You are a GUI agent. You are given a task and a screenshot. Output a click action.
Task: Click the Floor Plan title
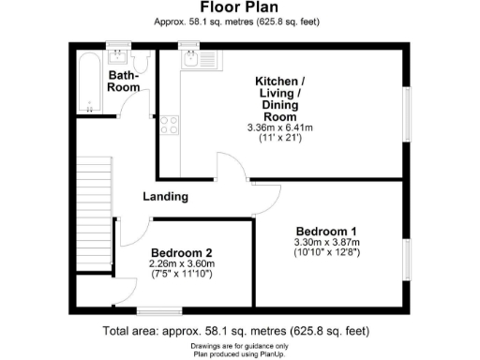tap(239, 7)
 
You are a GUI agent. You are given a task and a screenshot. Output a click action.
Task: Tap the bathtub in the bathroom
tap(88, 82)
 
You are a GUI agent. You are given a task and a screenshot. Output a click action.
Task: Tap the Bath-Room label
tap(124, 81)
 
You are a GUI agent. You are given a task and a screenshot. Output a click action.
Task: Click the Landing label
tap(165, 197)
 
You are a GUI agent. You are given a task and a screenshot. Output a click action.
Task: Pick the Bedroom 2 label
tap(182, 252)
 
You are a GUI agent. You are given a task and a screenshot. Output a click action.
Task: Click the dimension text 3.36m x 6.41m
tap(292, 127)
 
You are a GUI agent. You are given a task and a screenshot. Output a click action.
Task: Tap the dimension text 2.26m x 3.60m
tap(182, 263)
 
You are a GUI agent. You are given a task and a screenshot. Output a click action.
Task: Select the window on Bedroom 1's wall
tap(407, 260)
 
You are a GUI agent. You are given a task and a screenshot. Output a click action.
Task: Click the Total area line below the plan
tap(239, 331)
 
